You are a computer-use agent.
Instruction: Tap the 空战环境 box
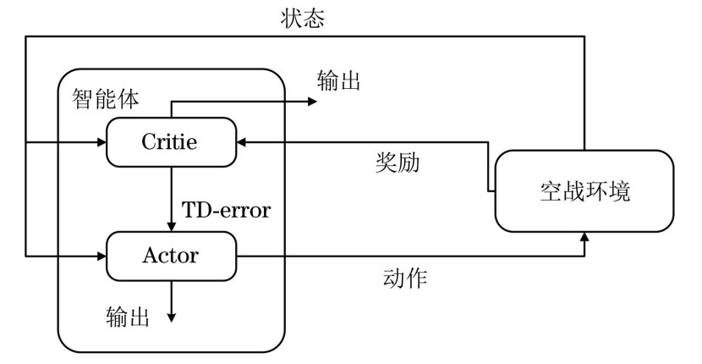pyautogui.click(x=584, y=191)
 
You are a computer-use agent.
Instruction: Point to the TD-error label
pyautogui.click(x=228, y=209)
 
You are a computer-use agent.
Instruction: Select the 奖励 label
pyautogui.click(x=398, y=163)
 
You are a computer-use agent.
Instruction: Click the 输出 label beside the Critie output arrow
pyautogui.click(x=338, y=82)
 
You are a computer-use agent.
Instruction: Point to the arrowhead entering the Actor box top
pyautogui.click(x=172, y=226)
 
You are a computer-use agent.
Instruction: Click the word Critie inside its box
pyautogui.click(x=171, y=141)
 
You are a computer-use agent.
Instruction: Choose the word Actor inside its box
pyautogui.click(x=171, y=254)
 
